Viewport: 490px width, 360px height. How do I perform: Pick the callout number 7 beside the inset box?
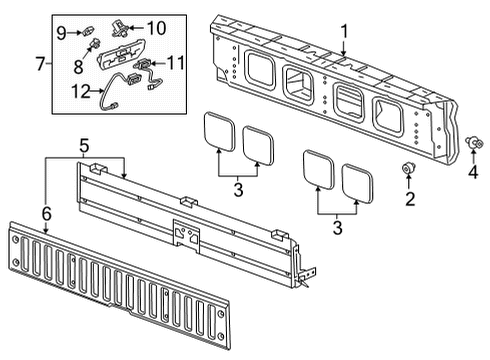39,65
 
